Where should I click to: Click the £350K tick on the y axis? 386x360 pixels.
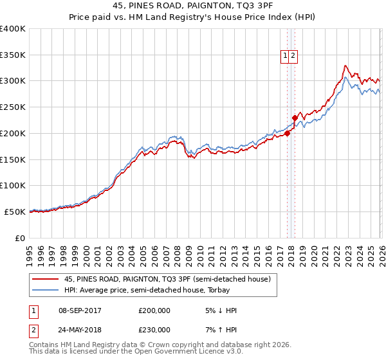pos(13,55)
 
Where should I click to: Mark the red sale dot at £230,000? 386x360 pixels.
pos(295,118)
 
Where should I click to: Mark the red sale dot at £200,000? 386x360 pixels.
pos(287,134)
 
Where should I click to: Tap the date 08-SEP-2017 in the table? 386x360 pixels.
pos(80,310)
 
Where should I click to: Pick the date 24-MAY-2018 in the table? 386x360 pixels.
pos(80,330)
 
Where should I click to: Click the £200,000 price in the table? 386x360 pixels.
pos(154,310)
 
